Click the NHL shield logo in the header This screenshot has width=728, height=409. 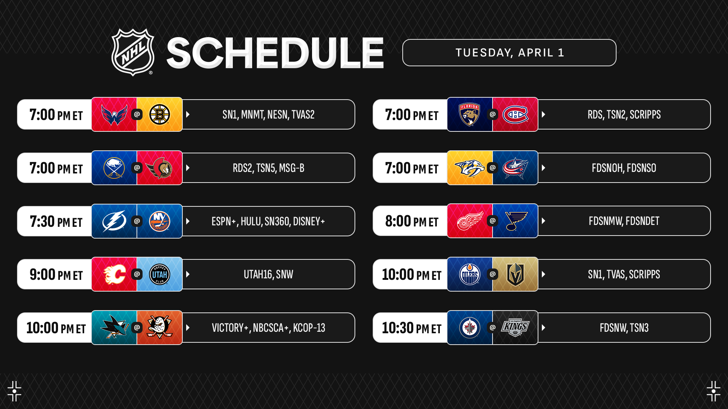[133, 52]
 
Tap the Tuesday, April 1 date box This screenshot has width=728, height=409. [509, 53]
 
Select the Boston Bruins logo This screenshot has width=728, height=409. [160, 114]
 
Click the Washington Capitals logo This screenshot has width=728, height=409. [114, 115]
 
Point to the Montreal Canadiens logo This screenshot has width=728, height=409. [515, 114]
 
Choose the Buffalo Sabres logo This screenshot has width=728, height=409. [114, 168]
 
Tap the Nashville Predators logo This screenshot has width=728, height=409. [470, 168]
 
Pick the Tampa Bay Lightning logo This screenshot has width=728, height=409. [114, 221]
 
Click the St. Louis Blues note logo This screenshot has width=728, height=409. [516, 221]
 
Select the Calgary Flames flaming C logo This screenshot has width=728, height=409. [115, 274]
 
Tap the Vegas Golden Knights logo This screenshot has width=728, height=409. [515, 274]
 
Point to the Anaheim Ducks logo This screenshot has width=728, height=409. [160, 328]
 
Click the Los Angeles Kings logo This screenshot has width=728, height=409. [515, 328]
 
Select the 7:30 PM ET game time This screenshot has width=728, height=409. [56, 222]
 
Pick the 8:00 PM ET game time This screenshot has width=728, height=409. [412, 221]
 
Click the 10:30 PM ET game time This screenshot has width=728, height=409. [412, 328]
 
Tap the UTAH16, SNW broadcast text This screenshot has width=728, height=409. [268, 275]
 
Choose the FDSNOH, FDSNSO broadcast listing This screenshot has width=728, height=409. [624, 168]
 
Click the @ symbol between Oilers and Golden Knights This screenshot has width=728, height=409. [493, 274]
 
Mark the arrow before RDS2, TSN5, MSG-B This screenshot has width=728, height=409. [188, 168]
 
